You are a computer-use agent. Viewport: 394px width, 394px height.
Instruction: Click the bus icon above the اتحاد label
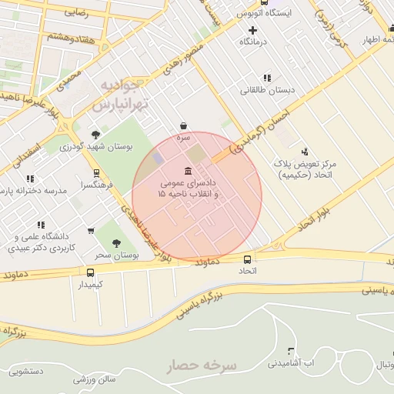coord(247,260)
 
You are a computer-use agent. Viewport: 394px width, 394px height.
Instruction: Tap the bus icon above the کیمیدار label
coord(91,272)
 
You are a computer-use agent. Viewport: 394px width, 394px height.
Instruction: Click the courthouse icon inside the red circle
coord(189,171)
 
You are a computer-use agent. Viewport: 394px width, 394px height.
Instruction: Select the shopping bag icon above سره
coord(183,125)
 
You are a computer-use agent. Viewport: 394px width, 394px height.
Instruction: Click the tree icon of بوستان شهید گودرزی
coord(95,134)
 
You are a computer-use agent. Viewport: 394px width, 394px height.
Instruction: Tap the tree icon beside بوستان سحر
coord(116,243)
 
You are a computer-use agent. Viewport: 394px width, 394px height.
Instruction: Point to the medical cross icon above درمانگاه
coord(252,30)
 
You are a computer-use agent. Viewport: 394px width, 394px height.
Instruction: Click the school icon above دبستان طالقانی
coord(267,78)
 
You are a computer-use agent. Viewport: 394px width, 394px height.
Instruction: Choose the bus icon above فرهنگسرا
coord(95,173)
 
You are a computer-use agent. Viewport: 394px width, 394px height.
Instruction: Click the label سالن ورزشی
coord(95,379)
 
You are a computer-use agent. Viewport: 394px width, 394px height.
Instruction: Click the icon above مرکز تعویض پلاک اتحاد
coord(306,152)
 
